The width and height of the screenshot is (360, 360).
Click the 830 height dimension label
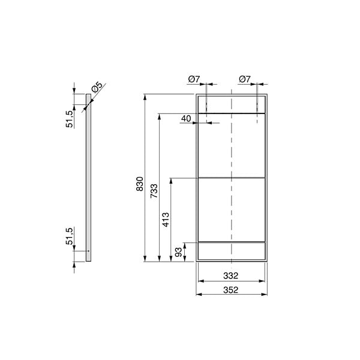tap(140, 184)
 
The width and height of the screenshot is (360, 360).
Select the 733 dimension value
tap(154, 191)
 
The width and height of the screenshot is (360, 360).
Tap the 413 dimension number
tap(166, 220)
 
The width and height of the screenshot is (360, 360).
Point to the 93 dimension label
tap(178, 253)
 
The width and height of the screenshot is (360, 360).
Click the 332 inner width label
tap(231, 275)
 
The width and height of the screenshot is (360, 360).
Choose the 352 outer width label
tap(231, 290)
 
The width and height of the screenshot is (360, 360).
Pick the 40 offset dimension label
tap(186, 118)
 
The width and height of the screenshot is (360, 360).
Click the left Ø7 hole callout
tap(194, 79)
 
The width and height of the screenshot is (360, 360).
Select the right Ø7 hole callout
tap(245, 79)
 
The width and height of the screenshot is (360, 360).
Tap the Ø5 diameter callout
tap(97, 86)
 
